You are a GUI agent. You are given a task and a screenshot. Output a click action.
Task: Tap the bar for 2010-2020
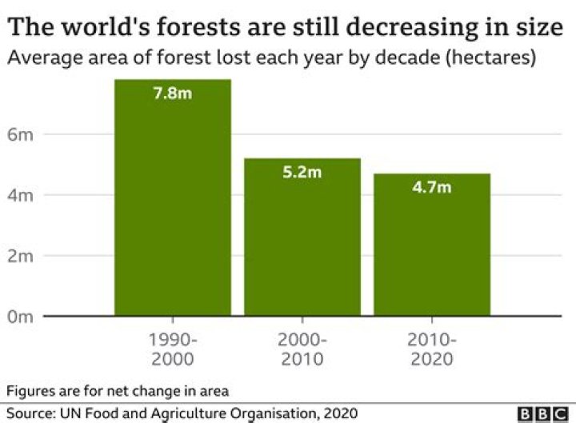coord(432,245)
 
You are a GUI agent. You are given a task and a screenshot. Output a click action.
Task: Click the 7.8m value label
coord(173,93)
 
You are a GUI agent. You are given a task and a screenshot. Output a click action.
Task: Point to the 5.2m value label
coord(302,172)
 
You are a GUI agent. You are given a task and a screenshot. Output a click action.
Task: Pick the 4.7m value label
coord(432,187)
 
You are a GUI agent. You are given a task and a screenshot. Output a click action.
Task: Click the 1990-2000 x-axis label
coord(173,349)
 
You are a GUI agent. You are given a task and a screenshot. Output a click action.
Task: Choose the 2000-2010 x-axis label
coord(302,349)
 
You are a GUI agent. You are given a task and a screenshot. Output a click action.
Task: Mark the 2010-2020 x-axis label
coord(432,349)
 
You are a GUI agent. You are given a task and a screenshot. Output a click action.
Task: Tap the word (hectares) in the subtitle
coord(489,58)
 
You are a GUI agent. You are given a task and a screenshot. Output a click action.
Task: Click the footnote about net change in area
coord(118,391)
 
